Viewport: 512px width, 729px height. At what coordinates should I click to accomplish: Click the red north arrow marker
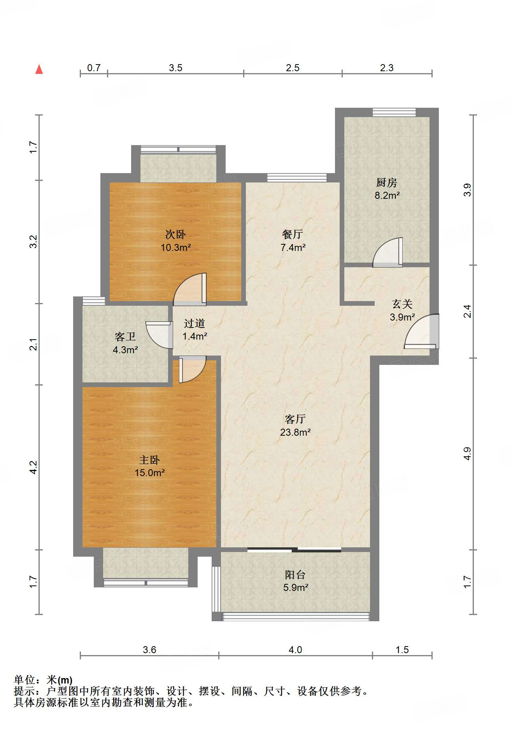pos(39,69)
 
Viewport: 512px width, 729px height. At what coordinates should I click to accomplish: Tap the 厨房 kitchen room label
pos(386,182)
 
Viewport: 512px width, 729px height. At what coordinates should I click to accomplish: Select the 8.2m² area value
pos(387,195)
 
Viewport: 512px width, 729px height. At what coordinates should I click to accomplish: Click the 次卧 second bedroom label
pos(175,234)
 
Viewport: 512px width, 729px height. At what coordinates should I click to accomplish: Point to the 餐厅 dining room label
pos(293,234)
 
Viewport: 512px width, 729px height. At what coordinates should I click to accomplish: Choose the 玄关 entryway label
pos(402,304)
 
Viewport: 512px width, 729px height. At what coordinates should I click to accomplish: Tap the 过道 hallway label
pos(194,323)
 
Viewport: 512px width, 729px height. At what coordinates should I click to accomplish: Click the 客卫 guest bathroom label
pos(125,336)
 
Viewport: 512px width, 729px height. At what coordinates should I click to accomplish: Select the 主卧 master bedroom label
pos(149,460)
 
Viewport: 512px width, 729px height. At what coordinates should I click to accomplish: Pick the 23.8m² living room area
pos(295,432)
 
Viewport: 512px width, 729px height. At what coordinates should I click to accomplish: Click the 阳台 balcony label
pos(295,575)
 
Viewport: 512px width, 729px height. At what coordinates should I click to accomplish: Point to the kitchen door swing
pos(388,252)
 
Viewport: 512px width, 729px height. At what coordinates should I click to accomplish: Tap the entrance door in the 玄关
pos(422,331)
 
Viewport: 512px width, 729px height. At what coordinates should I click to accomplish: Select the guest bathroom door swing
pos(159,335)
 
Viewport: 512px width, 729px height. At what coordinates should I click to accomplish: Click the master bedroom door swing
pos(192,369)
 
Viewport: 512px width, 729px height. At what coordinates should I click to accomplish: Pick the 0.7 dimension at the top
pos(94,68)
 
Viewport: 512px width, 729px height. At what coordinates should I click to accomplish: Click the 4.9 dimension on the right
pos(467,454)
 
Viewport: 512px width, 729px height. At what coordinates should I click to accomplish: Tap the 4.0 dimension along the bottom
pos(295,650)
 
